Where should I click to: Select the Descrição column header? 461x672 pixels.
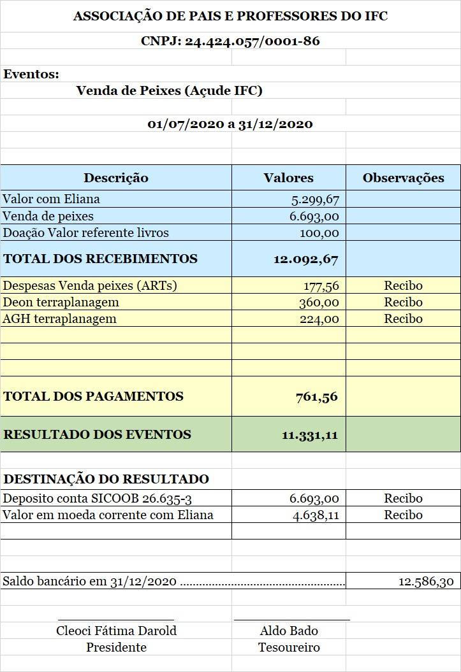pos(116,178)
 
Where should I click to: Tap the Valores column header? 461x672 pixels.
pos(288,178)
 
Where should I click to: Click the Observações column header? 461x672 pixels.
pos(403,178)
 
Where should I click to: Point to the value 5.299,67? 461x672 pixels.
pos(315,199)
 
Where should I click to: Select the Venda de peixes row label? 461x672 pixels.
pos(48,216)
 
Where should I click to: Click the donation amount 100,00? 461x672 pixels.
pos(319,232)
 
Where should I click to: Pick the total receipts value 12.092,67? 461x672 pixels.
pos(305,259)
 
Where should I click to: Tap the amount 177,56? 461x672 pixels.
pos(319,286)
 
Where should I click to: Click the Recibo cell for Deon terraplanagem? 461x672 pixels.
pos(403,302)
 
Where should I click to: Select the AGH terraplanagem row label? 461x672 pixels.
pos(60,318)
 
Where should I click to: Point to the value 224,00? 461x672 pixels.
pos(319,319)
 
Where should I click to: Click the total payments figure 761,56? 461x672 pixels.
pos(316,397)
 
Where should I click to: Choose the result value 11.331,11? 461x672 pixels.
pos(309,435)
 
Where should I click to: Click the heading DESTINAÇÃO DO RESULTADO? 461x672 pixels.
pos(106,479)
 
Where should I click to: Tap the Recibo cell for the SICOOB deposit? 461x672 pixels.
pos(403,498)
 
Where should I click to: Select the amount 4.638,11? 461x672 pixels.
pos(316,515)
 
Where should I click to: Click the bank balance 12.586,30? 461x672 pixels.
pos(426,582)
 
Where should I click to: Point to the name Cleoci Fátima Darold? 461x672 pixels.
pos(116,631)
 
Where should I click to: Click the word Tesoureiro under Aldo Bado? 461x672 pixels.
pos(289,647)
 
